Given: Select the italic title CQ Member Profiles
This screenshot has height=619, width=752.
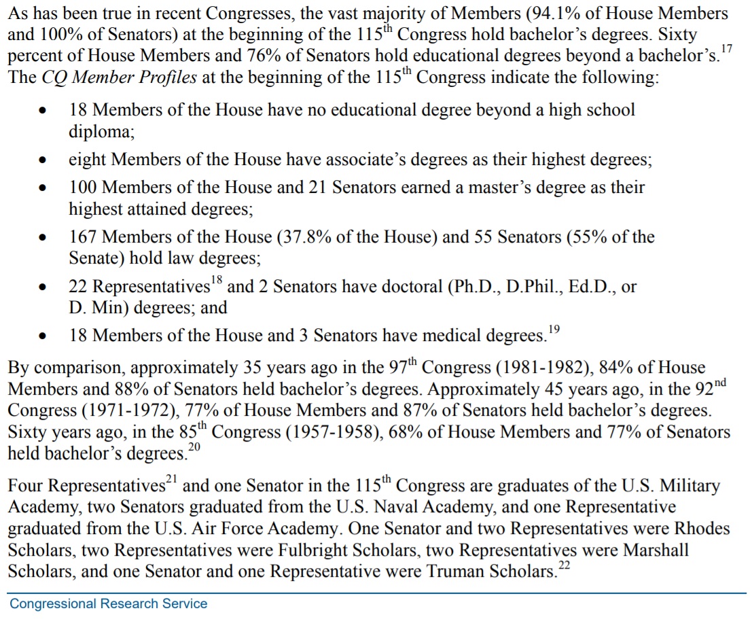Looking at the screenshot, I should coord(120,77).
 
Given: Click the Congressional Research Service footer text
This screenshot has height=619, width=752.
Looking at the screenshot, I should coord(109,603).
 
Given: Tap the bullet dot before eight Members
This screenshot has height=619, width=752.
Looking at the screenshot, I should coord(43,161).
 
